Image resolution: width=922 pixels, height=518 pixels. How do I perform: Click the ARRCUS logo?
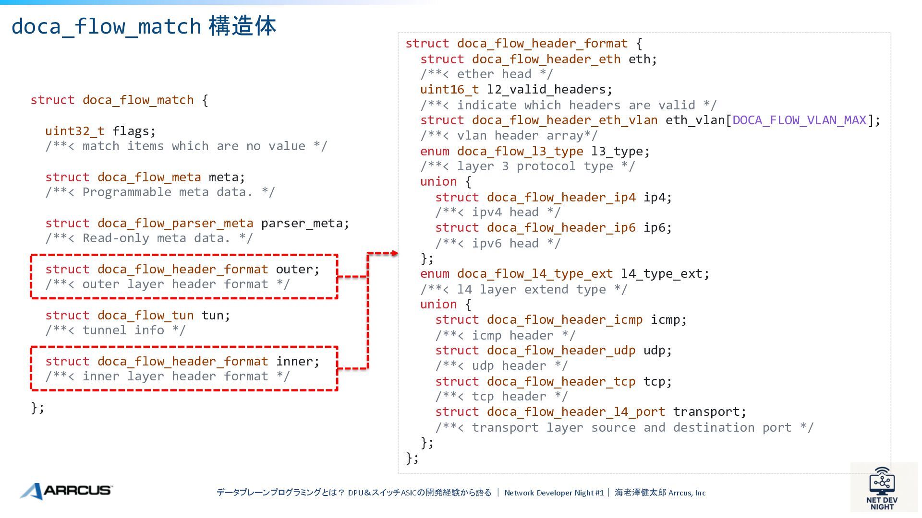pyautogui.click(x=66, y=491)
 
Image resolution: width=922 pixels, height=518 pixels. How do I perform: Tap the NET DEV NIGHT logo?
pyautogui.click(x=882, y=489)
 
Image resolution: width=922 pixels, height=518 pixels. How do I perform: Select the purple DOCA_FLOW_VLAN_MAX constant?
pyautogui.click(x=799, y=120)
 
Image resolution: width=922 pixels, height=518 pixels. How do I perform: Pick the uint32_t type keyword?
pyautogui.click(x=74, y=131)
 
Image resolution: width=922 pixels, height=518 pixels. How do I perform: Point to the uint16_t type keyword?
pyautogui.click(x=449, y=89)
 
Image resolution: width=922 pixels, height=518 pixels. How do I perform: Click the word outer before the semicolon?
pyautogui.click(x=294, y=269)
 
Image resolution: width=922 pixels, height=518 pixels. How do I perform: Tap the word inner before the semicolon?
pyautogui.click(x=294, y=361)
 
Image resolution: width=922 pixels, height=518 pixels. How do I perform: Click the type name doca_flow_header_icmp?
pyautogui.click(x=564, y=319)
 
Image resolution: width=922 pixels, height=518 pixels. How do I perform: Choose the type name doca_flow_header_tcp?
pyautogui.click(x=560, y=381)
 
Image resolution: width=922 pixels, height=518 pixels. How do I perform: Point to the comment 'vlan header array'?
pyautogui.click(x=509, y=136)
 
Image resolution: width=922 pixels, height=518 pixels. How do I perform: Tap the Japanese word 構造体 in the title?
pyautogui.click(x=243, y=26)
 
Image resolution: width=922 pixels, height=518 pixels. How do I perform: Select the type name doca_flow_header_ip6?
pyautogui.click(x=560, y=227)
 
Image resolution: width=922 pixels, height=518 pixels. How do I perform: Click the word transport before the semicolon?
pyautogui.click(x=706, y=412)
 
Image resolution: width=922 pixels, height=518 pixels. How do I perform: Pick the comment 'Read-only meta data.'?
pyautogui.click(x=149, y=238)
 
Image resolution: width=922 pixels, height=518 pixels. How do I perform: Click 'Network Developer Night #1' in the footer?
pyautogui.click(x=554, y=493)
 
